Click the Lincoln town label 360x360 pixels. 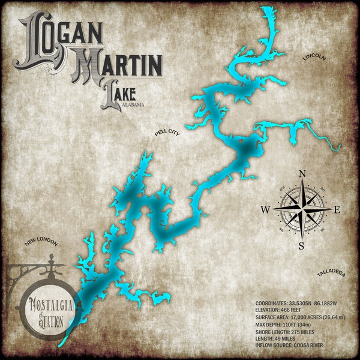point(314,58)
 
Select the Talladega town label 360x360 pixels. point(331,273)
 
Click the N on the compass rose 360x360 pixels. point(302,175)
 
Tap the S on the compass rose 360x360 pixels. point(301,245)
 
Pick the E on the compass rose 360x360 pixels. point(337,209)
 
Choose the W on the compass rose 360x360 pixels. point(265,209)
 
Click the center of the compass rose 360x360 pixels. point(302,209)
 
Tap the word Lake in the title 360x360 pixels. point(119,95)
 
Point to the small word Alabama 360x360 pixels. point(133,105)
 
